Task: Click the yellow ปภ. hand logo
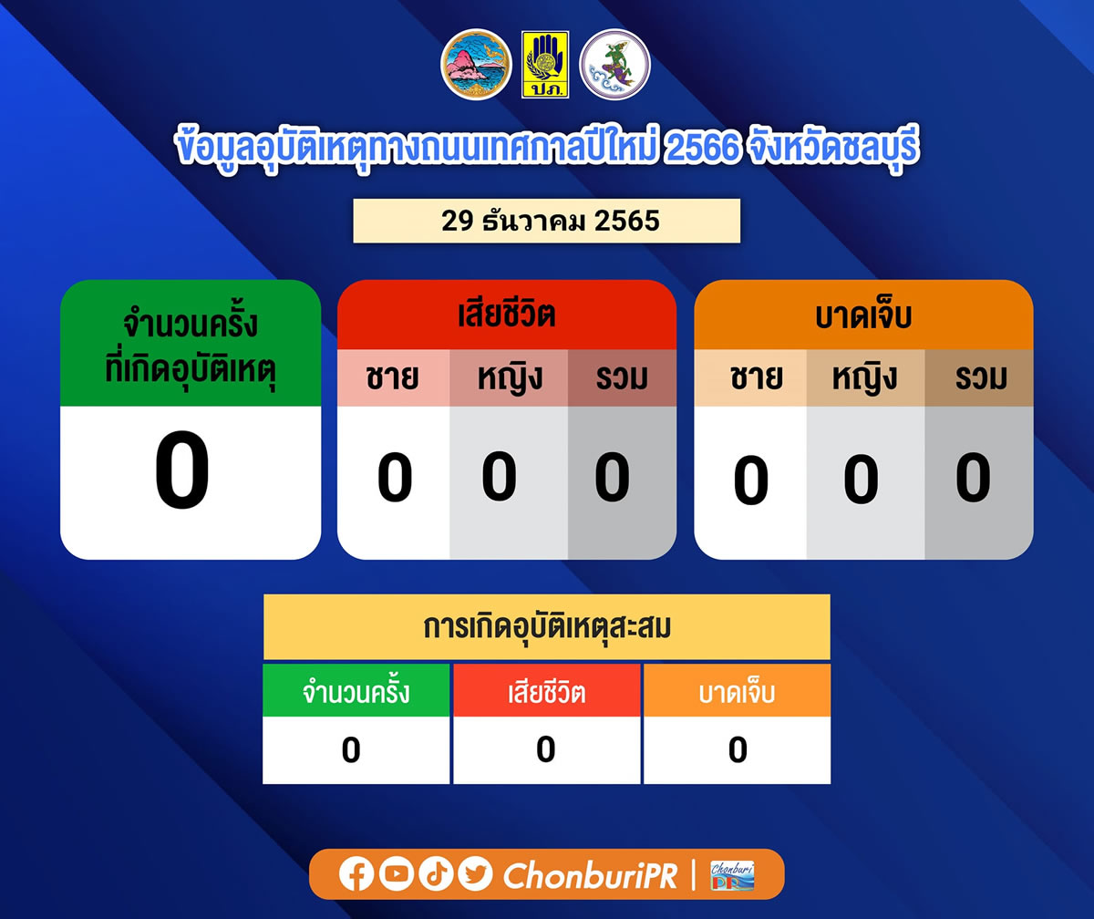[x=545, y=65]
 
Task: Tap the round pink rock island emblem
[x=476, y=65]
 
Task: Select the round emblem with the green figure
[x=614, y=65]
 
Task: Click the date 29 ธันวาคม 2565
[x=550, y=221]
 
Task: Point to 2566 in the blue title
[x=702, y=147]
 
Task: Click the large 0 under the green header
[x=181, y=470]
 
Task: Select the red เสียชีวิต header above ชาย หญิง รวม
[x=507, y=315]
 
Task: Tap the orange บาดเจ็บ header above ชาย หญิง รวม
[x=863, y=315]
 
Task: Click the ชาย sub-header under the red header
[x=393, y=377]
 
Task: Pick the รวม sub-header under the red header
[x=622, y=377]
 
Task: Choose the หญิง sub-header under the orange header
[x=865, y=377]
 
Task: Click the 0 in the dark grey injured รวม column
[x=973, y=478]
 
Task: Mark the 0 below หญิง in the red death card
[x=499, y=476]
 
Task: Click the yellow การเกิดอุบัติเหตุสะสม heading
[x=547, y=626]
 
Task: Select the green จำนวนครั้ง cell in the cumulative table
[x=356, y=690]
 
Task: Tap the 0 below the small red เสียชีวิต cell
[x=545, y=749]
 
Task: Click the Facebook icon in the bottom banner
[x=356, y=874]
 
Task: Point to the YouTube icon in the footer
[x=396, y=873]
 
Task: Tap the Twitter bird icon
[x=475, y=873]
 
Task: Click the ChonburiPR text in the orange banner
[x=591, y=875]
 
